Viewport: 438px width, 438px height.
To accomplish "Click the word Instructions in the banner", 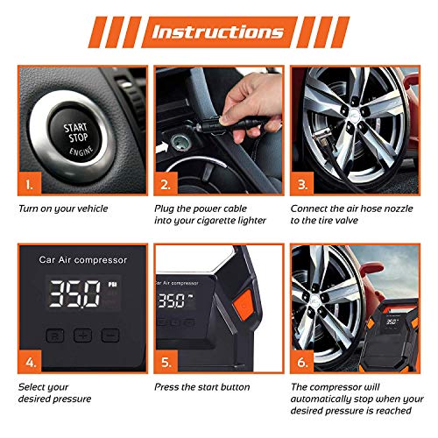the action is [x=217, y=32].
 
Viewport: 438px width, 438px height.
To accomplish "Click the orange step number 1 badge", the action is [x=30, y=184].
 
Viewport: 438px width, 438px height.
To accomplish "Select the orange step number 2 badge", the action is [x=166, y=184].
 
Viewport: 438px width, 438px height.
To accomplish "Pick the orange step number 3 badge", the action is [x=302, y=184].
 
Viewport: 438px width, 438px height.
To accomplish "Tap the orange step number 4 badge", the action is [x=30, y=362].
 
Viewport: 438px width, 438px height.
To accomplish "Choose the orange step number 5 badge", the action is [x=166, y=362].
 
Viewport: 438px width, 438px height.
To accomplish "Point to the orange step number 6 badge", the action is [x=302, y=362].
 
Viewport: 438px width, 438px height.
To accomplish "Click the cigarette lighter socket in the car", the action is [x=181, y=143].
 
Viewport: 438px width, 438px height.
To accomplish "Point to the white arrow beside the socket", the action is [x=162, y=147].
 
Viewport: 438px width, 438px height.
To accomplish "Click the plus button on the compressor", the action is [x=82, y=336].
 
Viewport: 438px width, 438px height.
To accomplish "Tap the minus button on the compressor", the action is [x=110, y=336].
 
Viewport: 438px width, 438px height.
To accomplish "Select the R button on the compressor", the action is [x=55, y=336].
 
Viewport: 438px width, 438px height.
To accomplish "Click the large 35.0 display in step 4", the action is [x=74, y=293].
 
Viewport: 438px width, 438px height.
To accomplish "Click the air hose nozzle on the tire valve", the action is [x=322, y=138].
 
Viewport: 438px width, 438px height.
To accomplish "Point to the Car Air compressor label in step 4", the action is [x=83, y=260].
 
